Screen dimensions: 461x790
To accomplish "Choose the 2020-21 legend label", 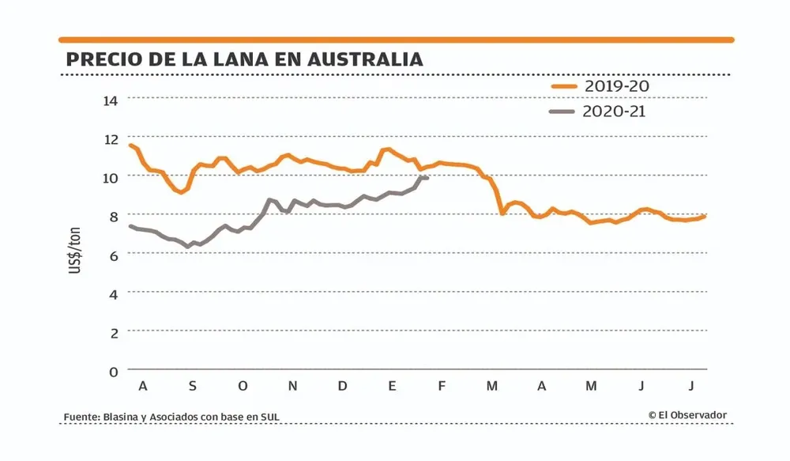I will click(614, 111).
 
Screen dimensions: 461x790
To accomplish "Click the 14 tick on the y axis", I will click(111, 100).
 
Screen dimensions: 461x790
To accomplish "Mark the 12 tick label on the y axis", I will click(111, 138).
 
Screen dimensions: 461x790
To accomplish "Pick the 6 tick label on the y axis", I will click(115, 255).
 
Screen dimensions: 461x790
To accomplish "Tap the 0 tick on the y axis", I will click(115, 371).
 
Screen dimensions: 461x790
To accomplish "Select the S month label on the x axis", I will click(193, 386).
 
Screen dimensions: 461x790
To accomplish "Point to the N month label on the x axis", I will click(292, 386).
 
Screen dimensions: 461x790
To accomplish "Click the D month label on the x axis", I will click(342, 386).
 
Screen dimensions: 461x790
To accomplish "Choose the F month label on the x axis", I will click(442, 386).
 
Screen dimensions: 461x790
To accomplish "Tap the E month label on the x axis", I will click(392, 386).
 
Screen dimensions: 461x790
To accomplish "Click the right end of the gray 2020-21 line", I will click(427, 178).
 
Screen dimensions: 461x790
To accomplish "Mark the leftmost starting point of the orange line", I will click(130, 145).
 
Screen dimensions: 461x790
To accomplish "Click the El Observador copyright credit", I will click(687, 415).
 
